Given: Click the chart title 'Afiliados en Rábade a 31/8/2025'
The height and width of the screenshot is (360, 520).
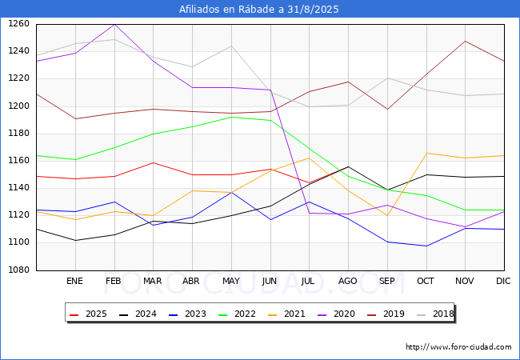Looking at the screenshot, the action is (x=259, y=9).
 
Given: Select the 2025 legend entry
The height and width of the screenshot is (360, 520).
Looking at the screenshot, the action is (x=88, y=314).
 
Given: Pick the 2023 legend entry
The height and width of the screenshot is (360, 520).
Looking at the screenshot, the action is (x=187, y=314).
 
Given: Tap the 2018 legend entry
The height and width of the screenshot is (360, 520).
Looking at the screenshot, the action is (x=435, y=314).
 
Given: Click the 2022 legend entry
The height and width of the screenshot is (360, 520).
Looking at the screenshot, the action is (x=237, y=314).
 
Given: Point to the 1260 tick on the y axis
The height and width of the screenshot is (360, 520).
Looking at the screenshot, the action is (x=18, y=24).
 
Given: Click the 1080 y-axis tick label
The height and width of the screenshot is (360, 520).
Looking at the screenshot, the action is (x=18, y=270).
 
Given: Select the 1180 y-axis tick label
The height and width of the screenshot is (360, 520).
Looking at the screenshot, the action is (x=18, y=134).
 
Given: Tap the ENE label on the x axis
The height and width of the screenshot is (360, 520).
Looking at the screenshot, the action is (x=74, y=281).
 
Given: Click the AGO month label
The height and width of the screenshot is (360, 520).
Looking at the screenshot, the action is (x=347, y=281).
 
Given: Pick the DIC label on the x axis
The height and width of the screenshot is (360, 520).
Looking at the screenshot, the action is (x=503, y=281).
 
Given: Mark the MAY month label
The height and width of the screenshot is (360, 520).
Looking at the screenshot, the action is (x=231, y=281).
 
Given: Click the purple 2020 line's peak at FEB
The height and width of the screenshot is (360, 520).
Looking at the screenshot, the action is (x=114, y=24).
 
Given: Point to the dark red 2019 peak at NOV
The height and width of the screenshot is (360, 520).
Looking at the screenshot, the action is (x=466, y=41).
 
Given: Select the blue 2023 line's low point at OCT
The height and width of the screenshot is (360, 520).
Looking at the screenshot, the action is (x=426, y=246).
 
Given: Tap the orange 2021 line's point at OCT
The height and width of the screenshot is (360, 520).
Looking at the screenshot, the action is (x=426, y=153).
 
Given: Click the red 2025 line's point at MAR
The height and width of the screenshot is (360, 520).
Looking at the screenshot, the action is (x=154, y=162).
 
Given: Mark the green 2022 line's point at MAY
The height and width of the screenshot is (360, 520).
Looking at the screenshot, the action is (x=231, y=117).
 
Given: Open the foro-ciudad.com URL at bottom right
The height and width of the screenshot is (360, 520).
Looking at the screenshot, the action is (x=458, y=347).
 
